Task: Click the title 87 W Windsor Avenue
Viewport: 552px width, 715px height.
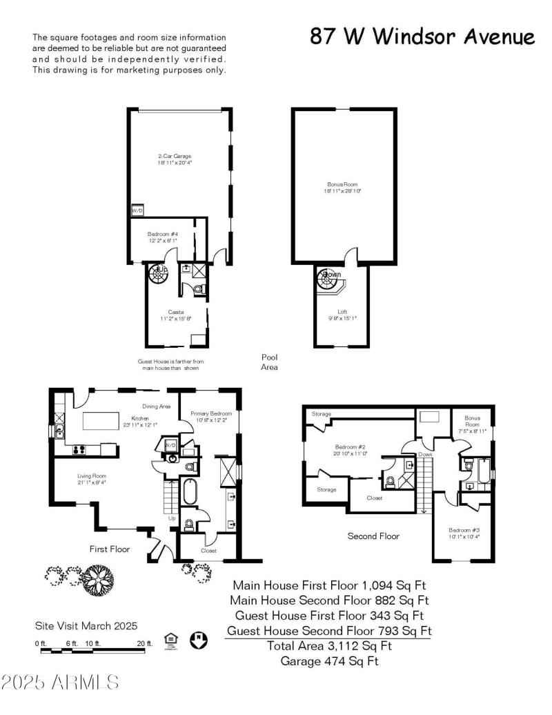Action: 422,37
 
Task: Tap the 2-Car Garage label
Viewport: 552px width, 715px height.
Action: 174,159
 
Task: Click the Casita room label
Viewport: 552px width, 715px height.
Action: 175,315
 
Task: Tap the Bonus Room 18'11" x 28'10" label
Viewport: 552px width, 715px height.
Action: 344,187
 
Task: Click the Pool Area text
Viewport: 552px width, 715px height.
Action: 269,362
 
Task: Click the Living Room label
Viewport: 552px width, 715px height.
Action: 92,478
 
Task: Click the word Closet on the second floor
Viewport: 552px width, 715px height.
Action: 374,497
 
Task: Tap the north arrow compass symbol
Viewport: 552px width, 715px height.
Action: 199,640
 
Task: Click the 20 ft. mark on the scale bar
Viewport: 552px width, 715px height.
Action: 144,643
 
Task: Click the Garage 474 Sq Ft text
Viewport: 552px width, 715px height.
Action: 329,661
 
